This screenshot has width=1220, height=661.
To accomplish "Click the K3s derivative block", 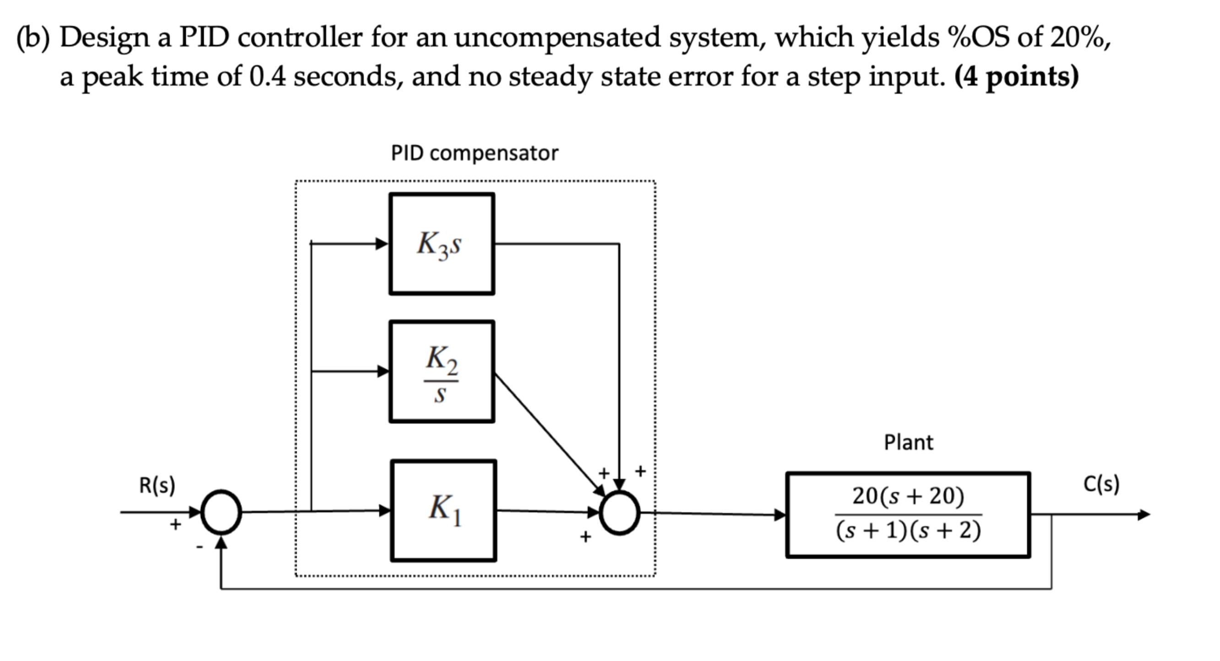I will (x=442, y=244).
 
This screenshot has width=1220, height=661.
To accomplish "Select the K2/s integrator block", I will (x=442, y=372).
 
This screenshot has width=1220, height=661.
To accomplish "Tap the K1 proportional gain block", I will (x=444, y=510).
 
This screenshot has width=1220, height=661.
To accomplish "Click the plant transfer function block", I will (x=908, y=515).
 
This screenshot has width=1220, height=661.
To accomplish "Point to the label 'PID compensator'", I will (x=474, y=153).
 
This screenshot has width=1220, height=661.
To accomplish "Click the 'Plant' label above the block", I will (x=908, y=442).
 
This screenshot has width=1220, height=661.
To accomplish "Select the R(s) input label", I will (x=157, y=485).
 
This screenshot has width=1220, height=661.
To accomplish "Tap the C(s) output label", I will (x=1101, y=484).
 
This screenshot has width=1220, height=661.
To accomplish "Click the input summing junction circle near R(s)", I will (x=221, y=512).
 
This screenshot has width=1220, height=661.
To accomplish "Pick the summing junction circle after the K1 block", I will (x=620, y=513).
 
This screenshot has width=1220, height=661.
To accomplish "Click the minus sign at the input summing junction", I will (x=199, y=547).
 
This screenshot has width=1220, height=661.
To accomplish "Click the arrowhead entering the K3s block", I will (x=382, y=244).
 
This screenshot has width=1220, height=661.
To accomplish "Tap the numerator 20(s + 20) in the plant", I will (x=908, y=496).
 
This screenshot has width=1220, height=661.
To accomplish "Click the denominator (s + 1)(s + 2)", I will (x=908, y=531).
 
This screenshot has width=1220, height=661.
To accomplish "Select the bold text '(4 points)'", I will (x=1016, y=76).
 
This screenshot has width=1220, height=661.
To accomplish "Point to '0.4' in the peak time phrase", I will (x=267, y=76).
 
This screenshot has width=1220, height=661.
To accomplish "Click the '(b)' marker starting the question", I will (x=33, y=38).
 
